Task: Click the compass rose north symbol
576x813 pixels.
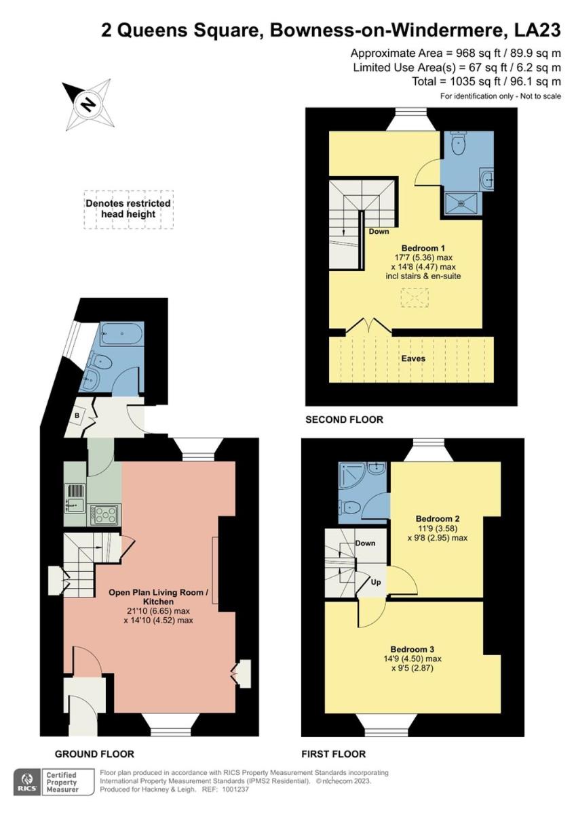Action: click(x=88, y=104)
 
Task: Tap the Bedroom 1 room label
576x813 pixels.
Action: click(x=423, y=248)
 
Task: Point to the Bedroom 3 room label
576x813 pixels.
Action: click(x=412, y=649)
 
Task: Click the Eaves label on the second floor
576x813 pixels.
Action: click(x=413, y=358)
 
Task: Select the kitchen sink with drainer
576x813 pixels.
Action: click(x=75, y=499)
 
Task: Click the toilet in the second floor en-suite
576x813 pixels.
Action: click(x=458, y=143)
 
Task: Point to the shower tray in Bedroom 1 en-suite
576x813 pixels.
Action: click(x=461, y=205)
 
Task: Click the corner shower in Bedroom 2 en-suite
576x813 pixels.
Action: click(x=353, y=475)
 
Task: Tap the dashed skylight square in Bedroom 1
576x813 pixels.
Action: click(x=415, y=298)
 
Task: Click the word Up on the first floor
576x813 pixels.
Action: click(x=376, y=582)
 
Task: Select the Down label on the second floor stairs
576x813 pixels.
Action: click(x=379, y=232)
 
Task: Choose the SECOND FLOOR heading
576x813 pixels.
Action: click(x=344, y=419)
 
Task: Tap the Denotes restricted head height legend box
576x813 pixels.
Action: click(x=128, y=209)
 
